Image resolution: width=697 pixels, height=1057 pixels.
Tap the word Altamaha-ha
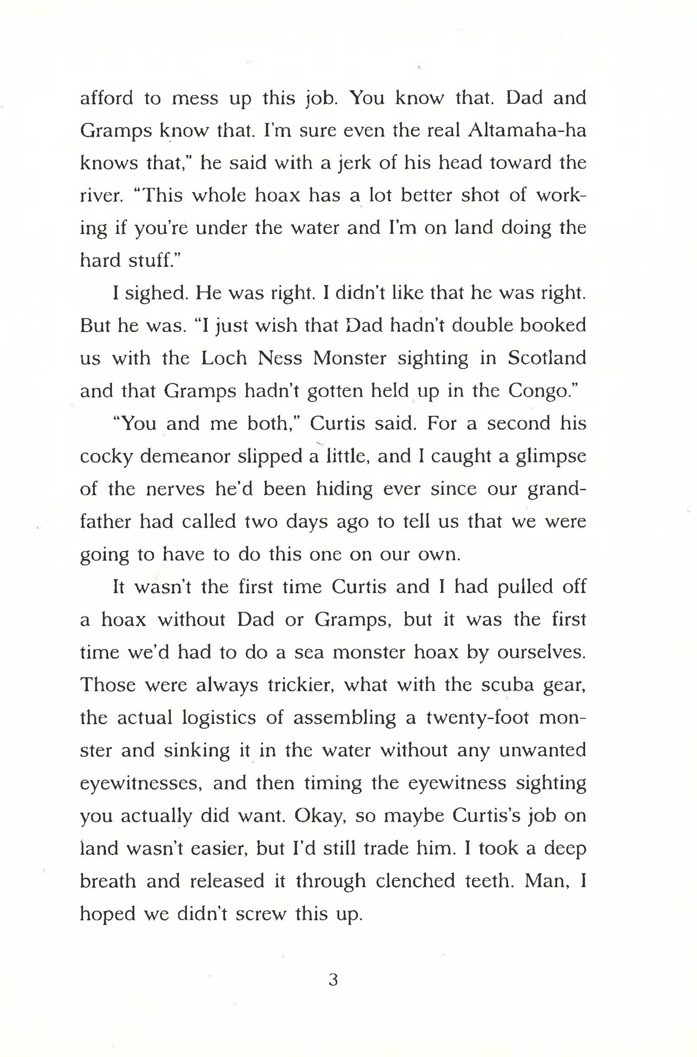(527, 131)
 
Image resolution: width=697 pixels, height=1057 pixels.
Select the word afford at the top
(107, 98)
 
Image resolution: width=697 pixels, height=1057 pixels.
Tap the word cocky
(106, 457)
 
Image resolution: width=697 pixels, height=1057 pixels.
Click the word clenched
(415, 881)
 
